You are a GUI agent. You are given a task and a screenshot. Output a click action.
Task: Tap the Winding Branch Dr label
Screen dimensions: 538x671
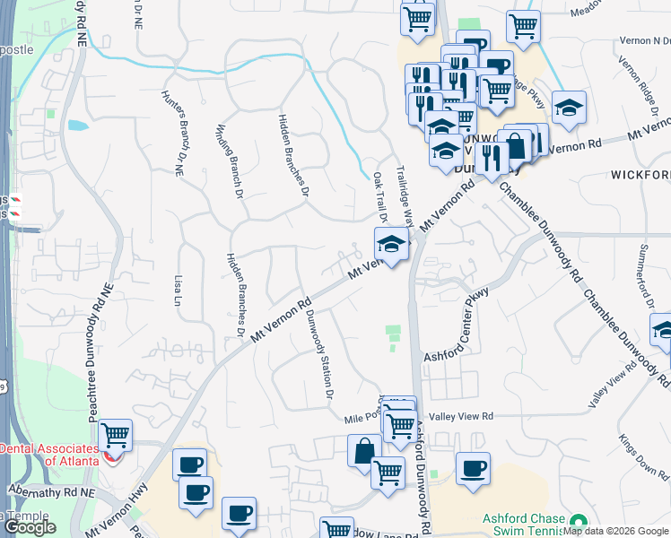click(x=222, y=146)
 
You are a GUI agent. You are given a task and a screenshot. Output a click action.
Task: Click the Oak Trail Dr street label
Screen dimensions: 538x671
click(x=379, y=198)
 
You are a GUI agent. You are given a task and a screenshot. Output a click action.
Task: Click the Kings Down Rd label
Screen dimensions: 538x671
click(x=640, y=466)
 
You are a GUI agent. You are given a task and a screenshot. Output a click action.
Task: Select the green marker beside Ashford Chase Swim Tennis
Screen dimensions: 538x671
click(x=578, y=520)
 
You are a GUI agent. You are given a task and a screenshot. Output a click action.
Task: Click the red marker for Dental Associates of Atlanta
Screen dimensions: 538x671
click(x=110, y=456)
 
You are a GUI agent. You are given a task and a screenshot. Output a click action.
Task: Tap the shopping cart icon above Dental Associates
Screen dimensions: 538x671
click(x=116, y=435)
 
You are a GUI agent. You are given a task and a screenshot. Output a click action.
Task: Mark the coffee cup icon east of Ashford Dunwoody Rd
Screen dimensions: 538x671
click(x=473, y=468)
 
